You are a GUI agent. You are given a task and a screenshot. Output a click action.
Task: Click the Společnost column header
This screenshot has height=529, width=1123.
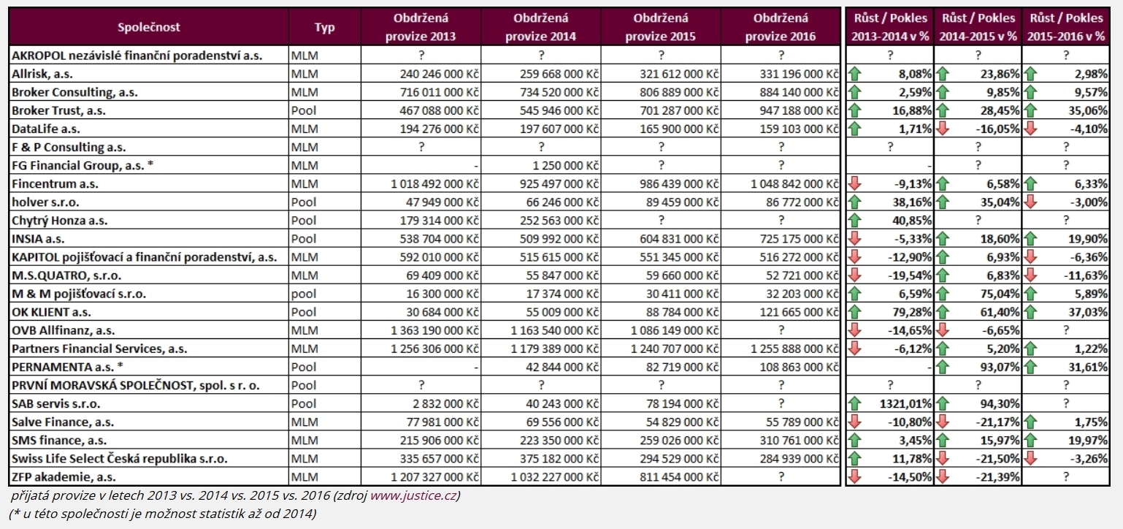148,27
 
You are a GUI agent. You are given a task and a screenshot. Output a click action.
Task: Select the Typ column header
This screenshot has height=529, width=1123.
324,27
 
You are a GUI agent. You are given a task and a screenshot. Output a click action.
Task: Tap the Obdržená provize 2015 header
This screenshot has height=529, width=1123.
660,27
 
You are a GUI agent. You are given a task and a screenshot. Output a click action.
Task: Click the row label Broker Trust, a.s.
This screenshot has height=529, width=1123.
58,110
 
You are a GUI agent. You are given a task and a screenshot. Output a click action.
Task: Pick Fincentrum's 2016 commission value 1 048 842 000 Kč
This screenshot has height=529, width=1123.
794,183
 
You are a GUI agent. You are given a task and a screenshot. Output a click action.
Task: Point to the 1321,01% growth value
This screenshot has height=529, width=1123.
905,403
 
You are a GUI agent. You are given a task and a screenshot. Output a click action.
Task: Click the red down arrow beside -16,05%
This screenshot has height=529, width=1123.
943,129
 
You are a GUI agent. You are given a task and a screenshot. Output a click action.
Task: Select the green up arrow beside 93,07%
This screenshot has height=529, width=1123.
943,367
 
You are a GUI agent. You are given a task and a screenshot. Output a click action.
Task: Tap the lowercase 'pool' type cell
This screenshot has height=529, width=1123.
304,294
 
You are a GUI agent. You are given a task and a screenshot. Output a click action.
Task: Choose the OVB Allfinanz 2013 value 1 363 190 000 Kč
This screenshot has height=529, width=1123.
434,330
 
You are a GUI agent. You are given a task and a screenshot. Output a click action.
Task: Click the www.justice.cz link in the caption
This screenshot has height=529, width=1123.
413,496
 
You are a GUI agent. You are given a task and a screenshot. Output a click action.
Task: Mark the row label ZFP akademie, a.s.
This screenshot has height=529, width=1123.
64,477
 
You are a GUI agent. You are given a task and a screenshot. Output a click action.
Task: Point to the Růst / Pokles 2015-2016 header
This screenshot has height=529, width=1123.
1066,27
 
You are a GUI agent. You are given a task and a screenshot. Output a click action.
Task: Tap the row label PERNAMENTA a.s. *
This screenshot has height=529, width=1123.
67,367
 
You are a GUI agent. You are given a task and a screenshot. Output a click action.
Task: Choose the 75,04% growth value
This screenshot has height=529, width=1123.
1000,294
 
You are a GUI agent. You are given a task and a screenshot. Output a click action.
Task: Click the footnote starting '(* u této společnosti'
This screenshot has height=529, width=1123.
162,514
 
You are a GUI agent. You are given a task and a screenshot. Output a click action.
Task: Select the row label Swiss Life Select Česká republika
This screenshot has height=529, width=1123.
119,459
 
